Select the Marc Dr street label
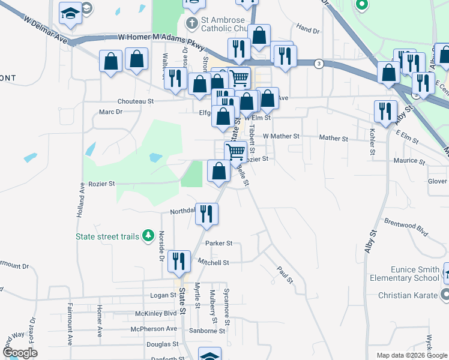[110, 112]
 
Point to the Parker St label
[218, 244]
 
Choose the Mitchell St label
[214, 262]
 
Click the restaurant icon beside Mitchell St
[179, 262]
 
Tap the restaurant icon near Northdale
[206, 214]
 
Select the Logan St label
[163, 295]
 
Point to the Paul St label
[285, 275]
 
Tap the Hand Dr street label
[307, 29]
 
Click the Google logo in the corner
[20, 353]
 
